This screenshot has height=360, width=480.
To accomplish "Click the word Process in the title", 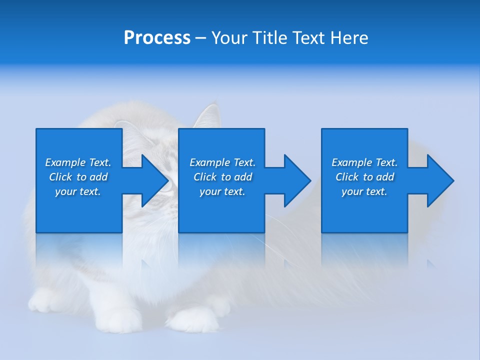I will point(157,38).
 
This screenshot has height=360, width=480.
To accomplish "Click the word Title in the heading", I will point(269,38).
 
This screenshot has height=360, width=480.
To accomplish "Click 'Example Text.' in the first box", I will point(78,162).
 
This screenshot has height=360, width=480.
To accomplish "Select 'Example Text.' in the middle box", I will point(222,162).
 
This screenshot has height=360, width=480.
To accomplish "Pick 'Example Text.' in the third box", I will point(364,162).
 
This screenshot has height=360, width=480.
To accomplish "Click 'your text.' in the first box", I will point(78,191).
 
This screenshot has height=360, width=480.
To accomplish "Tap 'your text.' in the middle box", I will point(222,191).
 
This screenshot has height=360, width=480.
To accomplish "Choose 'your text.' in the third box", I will point(364,191).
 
